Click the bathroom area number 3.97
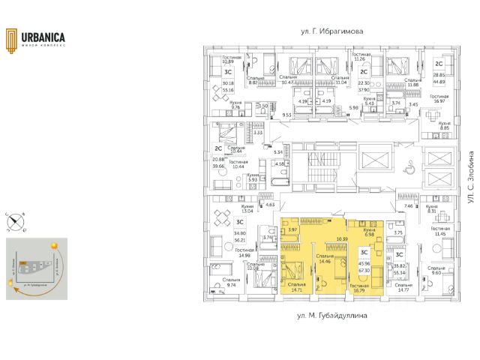[x=293, y=230]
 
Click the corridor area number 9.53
[x=286, y=115]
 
